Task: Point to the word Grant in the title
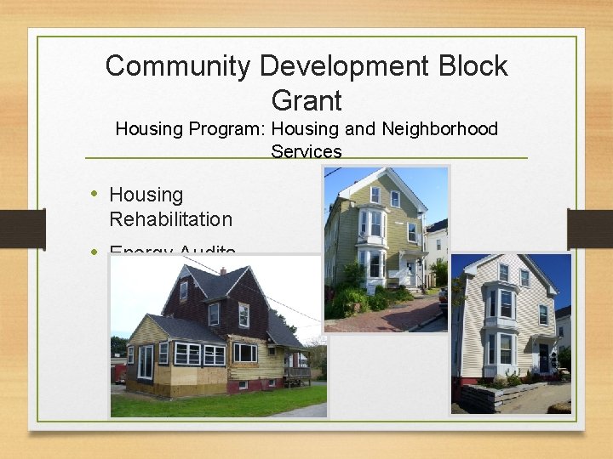[306, 101]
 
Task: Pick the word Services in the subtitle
[306, 152]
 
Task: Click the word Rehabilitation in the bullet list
[170, 219]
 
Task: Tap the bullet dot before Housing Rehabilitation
[96, 195]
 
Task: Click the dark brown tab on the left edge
[22, 229]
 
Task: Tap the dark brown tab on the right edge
[590, 229]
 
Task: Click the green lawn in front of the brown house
[213, 402]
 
